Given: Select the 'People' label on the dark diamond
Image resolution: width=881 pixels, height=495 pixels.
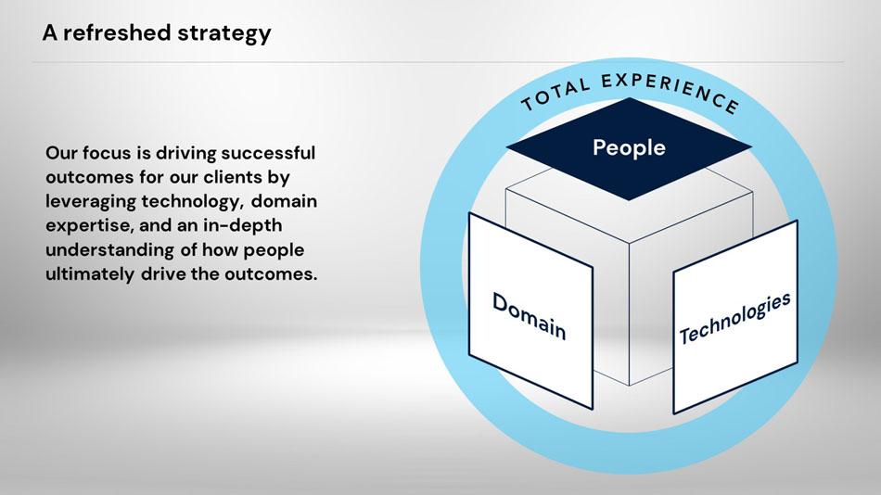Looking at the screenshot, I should tap(629, 146).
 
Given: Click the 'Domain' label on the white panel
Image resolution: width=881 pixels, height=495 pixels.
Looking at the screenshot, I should tap(529, 314).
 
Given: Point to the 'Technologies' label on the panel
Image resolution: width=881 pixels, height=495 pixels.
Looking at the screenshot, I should tap(735, 317).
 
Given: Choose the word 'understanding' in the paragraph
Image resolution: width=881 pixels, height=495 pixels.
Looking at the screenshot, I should tap(105, 251).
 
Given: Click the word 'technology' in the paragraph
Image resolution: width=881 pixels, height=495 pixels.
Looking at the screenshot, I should tap(185, 201).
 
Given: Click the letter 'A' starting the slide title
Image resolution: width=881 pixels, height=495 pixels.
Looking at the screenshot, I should tap(50, 33).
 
